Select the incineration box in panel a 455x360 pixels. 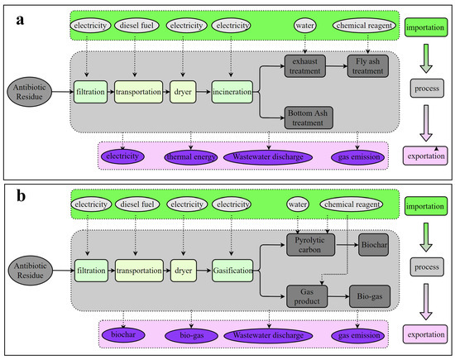click(233, 87)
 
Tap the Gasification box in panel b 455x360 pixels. click(233, 269)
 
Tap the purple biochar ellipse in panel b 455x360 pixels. click(123, 336)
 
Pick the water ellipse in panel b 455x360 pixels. click(298, 204)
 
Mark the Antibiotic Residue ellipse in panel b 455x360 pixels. click(32, 268)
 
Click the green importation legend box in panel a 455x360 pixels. click(429, 28)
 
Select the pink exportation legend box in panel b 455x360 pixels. click(428, 335)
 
